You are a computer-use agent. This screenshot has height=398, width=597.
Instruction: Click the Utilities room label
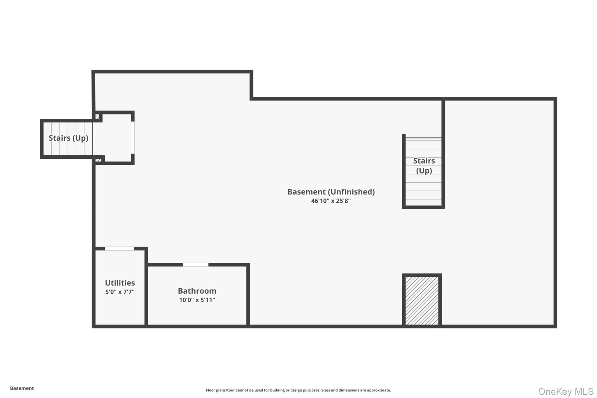coord(120,283)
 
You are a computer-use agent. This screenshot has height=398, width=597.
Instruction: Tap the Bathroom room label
coord(197,291)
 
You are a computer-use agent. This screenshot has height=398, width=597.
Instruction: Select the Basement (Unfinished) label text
coord(331,192)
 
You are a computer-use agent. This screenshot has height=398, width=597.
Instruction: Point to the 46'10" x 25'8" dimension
coord(331,201)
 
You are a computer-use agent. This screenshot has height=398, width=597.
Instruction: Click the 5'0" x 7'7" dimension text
coord(120,292)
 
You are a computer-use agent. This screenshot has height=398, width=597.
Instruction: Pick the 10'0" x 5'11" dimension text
coord(197,300)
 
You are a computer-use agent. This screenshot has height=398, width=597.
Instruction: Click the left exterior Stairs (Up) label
coord(69,138)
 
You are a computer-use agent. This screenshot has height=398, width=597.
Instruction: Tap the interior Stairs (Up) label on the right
coord(424,165)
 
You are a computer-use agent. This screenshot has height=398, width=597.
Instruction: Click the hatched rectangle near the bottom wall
coord(422,300)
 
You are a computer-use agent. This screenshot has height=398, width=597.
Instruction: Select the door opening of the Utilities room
coord(120,248)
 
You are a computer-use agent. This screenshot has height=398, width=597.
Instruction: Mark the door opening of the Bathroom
coord(195,264)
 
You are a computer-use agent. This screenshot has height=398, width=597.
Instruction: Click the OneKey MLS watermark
coord(566,391)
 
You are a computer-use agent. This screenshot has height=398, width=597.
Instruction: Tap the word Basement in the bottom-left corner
coord(22,388)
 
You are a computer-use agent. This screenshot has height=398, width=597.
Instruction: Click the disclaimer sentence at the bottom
coord(298,390)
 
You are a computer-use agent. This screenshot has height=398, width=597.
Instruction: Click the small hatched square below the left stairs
coord(98,160)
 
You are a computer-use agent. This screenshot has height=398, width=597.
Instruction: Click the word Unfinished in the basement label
coord(351,192)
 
